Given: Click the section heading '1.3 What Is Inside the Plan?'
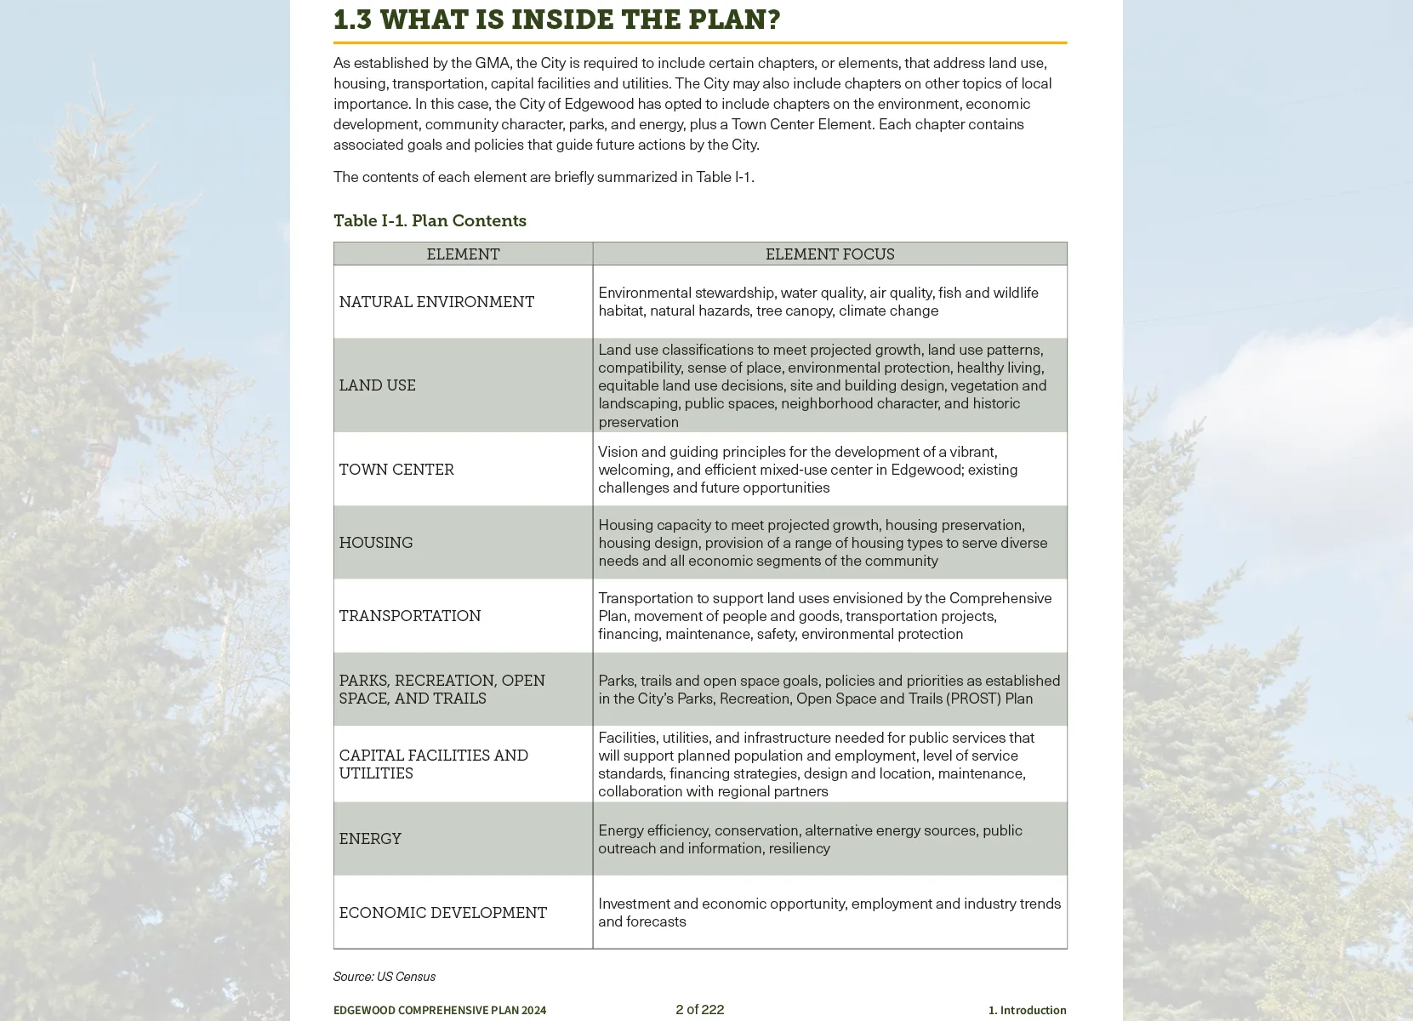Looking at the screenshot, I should point(556,19).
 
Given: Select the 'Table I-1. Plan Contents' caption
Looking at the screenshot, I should point(430,220).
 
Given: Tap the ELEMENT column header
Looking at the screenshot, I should point(463,254).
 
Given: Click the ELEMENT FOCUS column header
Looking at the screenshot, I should point(829,254).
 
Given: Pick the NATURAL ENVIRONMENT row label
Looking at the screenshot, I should point(436,302).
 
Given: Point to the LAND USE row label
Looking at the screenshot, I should point(377,385).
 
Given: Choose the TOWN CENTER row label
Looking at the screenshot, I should point(396,470).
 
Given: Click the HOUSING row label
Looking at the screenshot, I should point(376,543).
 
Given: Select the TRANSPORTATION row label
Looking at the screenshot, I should point(409,616).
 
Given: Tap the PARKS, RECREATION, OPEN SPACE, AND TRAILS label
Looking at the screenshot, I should point(442,689).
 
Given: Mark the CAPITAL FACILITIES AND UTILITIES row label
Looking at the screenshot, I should point(433,764).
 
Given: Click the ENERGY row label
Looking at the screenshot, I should point(370,839).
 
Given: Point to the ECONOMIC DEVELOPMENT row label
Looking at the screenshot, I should point(442,913).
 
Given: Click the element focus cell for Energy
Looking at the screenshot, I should point(810,839).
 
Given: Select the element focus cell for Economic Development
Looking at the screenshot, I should point(829,912).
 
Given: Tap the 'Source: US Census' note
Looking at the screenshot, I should point(384,977).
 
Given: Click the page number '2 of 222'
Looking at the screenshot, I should point(699,1009).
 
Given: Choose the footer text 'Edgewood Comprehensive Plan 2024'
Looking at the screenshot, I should point(440,1010).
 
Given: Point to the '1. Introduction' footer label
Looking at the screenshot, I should point(1027,1010).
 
